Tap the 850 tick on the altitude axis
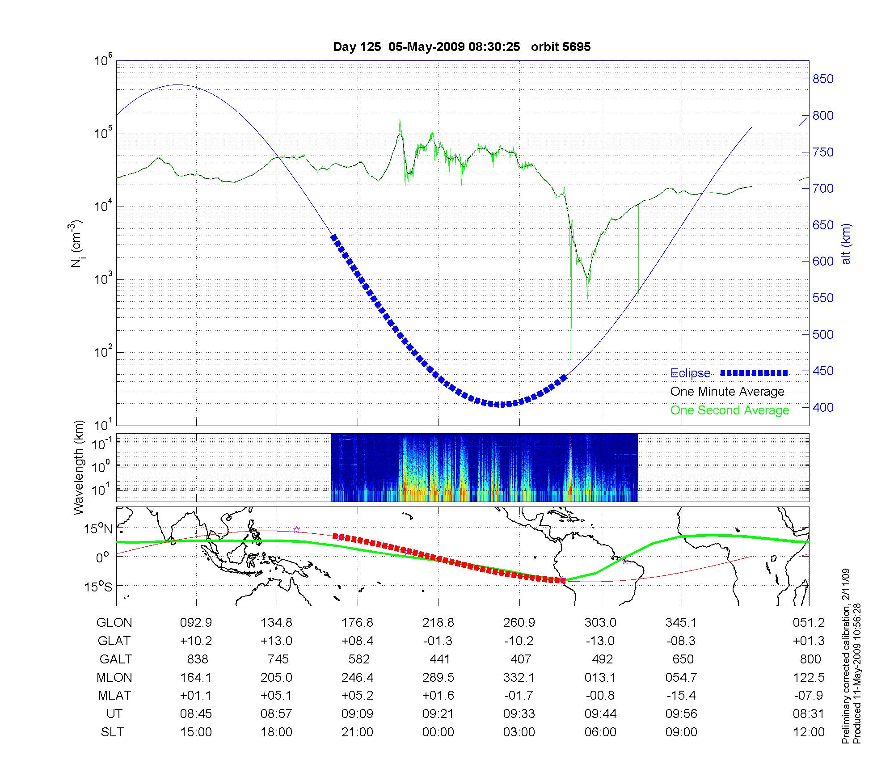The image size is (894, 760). (822, 79)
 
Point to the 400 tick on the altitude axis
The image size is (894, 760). (822, 407)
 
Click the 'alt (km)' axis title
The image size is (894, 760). (846, 244)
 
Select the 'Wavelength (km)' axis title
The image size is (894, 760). (79, 467)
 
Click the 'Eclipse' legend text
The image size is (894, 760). (690, 373)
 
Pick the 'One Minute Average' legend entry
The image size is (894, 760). (727, 392)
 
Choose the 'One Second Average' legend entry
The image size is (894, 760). (730, 410)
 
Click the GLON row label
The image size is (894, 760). (114, 623)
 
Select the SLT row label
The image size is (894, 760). (113, 732)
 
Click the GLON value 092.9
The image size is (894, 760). (196, 623)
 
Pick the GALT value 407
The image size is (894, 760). (521, 659)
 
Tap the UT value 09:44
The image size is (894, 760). (600, 714)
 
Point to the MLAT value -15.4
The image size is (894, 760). (681, 696)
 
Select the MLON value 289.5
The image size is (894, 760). (438, 678)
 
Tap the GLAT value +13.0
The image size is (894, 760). (277, 641)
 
